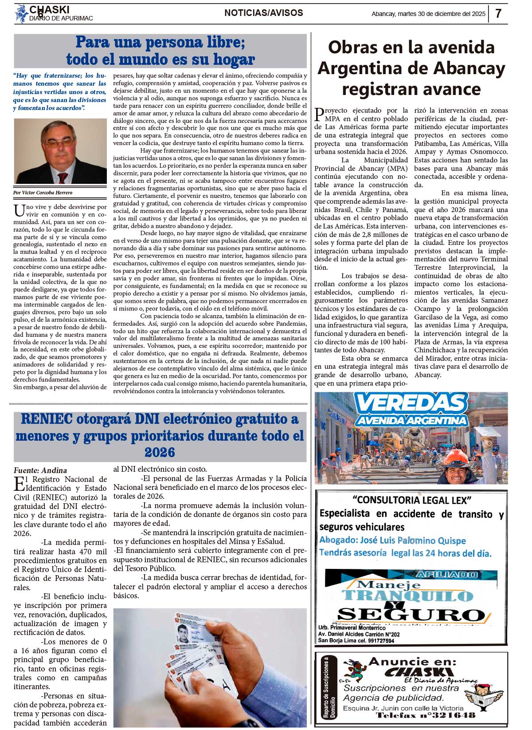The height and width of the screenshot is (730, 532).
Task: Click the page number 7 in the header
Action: [x=498, y=14]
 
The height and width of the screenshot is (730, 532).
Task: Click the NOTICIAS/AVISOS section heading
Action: [x=264, y=13]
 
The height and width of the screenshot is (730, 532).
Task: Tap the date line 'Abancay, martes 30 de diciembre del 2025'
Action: [x=428, y=14]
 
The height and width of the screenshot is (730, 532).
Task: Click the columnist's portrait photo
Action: [x=60, y=151]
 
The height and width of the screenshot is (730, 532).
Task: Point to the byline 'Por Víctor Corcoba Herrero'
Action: [x=43, y=193]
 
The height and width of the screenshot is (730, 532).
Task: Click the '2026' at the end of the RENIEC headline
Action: [x=160, y=452]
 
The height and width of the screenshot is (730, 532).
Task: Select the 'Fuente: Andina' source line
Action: [x=40, y=470]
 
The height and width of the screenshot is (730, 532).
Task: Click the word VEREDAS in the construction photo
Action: [x=411, y=403]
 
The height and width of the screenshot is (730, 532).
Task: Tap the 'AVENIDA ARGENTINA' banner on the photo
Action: [x=411, y=420]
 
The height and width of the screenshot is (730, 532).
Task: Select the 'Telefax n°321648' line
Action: [x=426, y=715]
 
